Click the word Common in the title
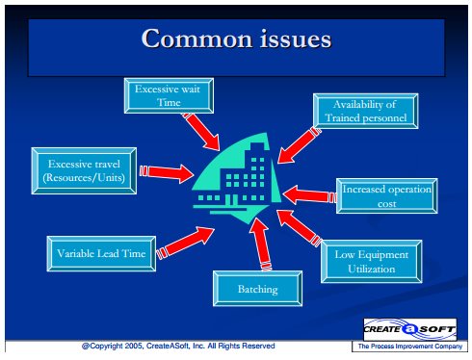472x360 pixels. (x=197, y=39)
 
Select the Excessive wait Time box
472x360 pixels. (x=169, y=95)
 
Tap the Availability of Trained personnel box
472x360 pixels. (x=366, y=111)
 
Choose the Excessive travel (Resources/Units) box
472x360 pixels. (x=84, y=170)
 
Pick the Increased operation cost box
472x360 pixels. (x=387, y=196)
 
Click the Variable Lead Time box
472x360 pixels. (x=101, y=254)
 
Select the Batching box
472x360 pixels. (x=257, y=289)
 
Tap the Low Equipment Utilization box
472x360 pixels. (x=372, y=262)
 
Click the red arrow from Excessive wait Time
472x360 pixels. (x=201, y=132)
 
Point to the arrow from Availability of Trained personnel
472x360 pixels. (x=299, y=145)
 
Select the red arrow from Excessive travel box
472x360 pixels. (x=167, y=173)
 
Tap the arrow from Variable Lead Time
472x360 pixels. (x=185, y=243)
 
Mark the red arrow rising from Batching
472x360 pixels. (x=260, y=244)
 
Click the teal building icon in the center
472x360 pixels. (x=237, y=178)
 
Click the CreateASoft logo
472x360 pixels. (x=410, y=329)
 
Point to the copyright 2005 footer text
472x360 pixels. (x=178, y=346)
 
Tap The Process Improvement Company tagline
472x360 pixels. (x=410, y=347)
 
